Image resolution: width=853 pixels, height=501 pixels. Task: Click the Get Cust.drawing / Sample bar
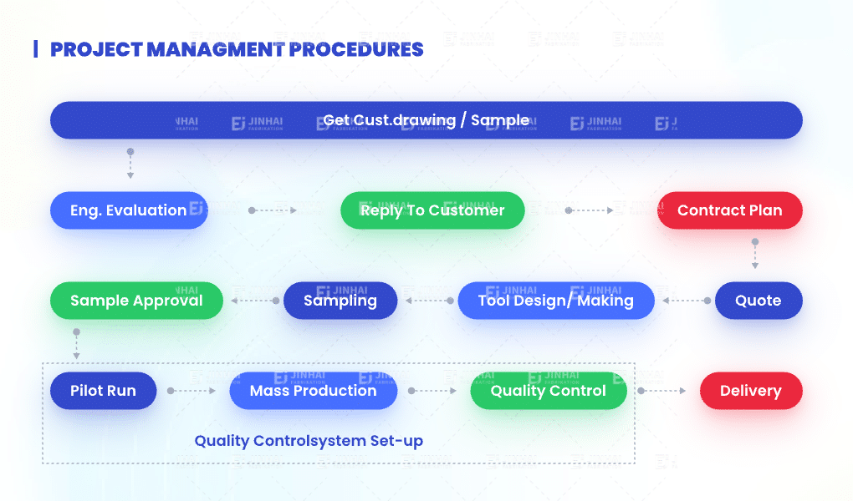pyautogui.click(x=426, y=120)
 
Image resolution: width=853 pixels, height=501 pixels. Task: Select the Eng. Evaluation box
pyautogui.click(x=129, y=210)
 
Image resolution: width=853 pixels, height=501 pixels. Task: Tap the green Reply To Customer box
pyautogui.click(x=432, y=210)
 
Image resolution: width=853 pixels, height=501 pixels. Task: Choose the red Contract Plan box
pyautogui.click(x=729, y=210)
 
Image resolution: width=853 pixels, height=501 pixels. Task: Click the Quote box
pyautogui.click(x=758, y=301)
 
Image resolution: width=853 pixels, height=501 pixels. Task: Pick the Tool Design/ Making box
pyautogui.click(x=555, y=301)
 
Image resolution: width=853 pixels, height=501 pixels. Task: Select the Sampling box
pyautogui.click(x=340, y=301)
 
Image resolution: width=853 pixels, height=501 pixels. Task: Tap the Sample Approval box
pyautogui.click(x=136, y=301)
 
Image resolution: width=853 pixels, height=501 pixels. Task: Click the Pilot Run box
pyautogui.click(x=103, y=391)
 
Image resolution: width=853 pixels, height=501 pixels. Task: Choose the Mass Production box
pyautogui.click(x=313, y=391)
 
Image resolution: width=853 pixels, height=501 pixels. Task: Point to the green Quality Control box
pyautogui.click(x=548, y=391)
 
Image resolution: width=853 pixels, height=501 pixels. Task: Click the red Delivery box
pyautogui.click(x=750, y=391)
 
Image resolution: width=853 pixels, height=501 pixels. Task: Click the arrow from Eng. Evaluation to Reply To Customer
pyautogui.click(x=273, y=210)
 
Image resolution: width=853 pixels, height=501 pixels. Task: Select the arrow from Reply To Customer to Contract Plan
pyautogui.click(x=590, y=210)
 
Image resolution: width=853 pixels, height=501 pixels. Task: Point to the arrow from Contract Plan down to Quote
pyautogui.click(x=755, y=255)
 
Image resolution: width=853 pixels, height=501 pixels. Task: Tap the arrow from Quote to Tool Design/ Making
pyautogui.click(x=684, y=301)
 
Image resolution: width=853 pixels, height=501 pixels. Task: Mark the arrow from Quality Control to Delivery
pyautogui.click(x=662, y=391)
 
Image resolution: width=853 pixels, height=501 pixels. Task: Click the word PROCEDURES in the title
pyautogui.click(x=357, y=49)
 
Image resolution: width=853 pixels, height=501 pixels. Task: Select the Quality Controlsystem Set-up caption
pyautogui.click(x=309, y=441)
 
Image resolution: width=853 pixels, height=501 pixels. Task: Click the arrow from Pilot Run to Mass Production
pyautogui.click(x=192, y=391)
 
